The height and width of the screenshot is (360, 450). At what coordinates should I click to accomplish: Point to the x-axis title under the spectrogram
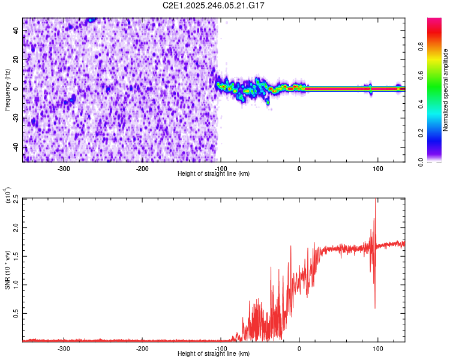coord(214,174)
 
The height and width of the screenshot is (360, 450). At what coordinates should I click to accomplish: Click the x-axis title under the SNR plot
coord(214,354)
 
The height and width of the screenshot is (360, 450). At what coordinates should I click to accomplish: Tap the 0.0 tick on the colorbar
coord(439,161)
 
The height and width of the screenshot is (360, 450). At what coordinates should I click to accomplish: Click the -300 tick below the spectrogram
coord(64,169)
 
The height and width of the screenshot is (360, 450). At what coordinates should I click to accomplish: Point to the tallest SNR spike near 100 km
coord(376,201)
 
